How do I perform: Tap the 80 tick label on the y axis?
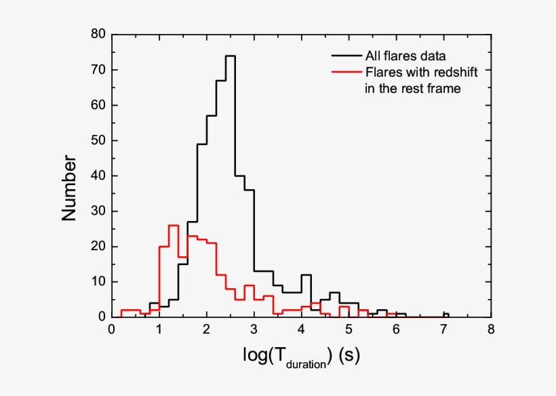click(x=98, y=34)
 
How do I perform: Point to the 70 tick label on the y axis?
click(x=98, y=70)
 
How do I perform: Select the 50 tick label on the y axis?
click(x=98, y=140)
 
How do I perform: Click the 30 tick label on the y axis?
click(x=98, y=211)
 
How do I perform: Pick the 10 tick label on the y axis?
click(x=98, y=281)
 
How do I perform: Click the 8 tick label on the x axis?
click(x=491, y=330)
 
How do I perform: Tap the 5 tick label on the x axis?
click(x=349, y=330)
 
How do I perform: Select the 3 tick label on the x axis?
click(x=254, y=330)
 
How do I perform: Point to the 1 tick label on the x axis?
click(x=159, y=330)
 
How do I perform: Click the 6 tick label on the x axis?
click(x=396, y=330)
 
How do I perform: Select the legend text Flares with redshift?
click(x=414, y=72)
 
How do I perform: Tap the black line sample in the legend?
click(x=344, y=55)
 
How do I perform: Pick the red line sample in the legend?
click(x=344, y=72)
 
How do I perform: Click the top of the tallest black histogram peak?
click(x=230, y=56)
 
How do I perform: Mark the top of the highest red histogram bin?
click(x=174, y=225)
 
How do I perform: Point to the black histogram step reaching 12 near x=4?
click(x=306, y=275)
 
